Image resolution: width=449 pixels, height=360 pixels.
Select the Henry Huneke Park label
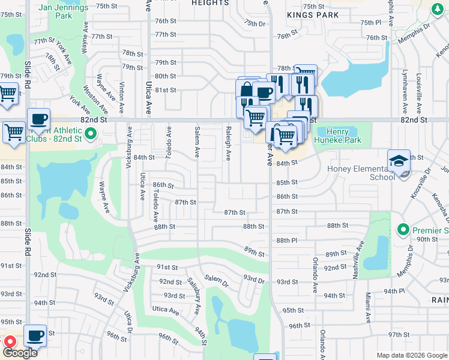(x=343, y=136)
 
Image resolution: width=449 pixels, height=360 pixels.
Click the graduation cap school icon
(x=399, y=161)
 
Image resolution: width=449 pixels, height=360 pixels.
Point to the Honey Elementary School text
(x=361, y=173)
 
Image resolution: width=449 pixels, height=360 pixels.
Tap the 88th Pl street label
(x=287, y=241)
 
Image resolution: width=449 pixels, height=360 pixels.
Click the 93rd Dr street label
(x=254, y=280)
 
